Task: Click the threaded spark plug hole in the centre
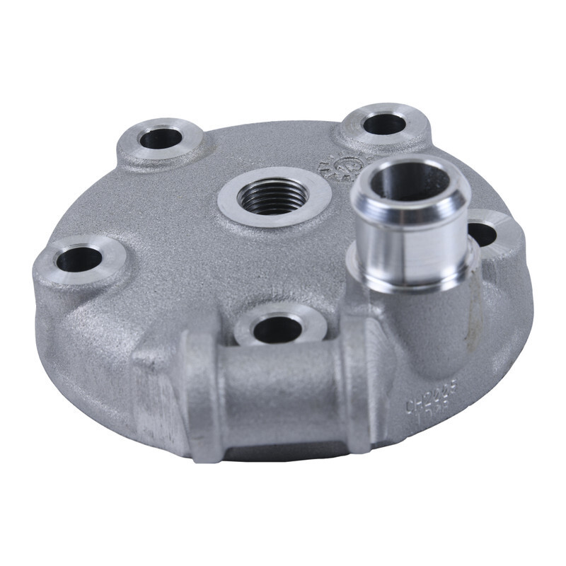tap(272, 196)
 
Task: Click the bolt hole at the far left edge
tap(79, 260)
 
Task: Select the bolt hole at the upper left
tap(161, 139)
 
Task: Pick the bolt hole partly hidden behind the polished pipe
tap(483, 233)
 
